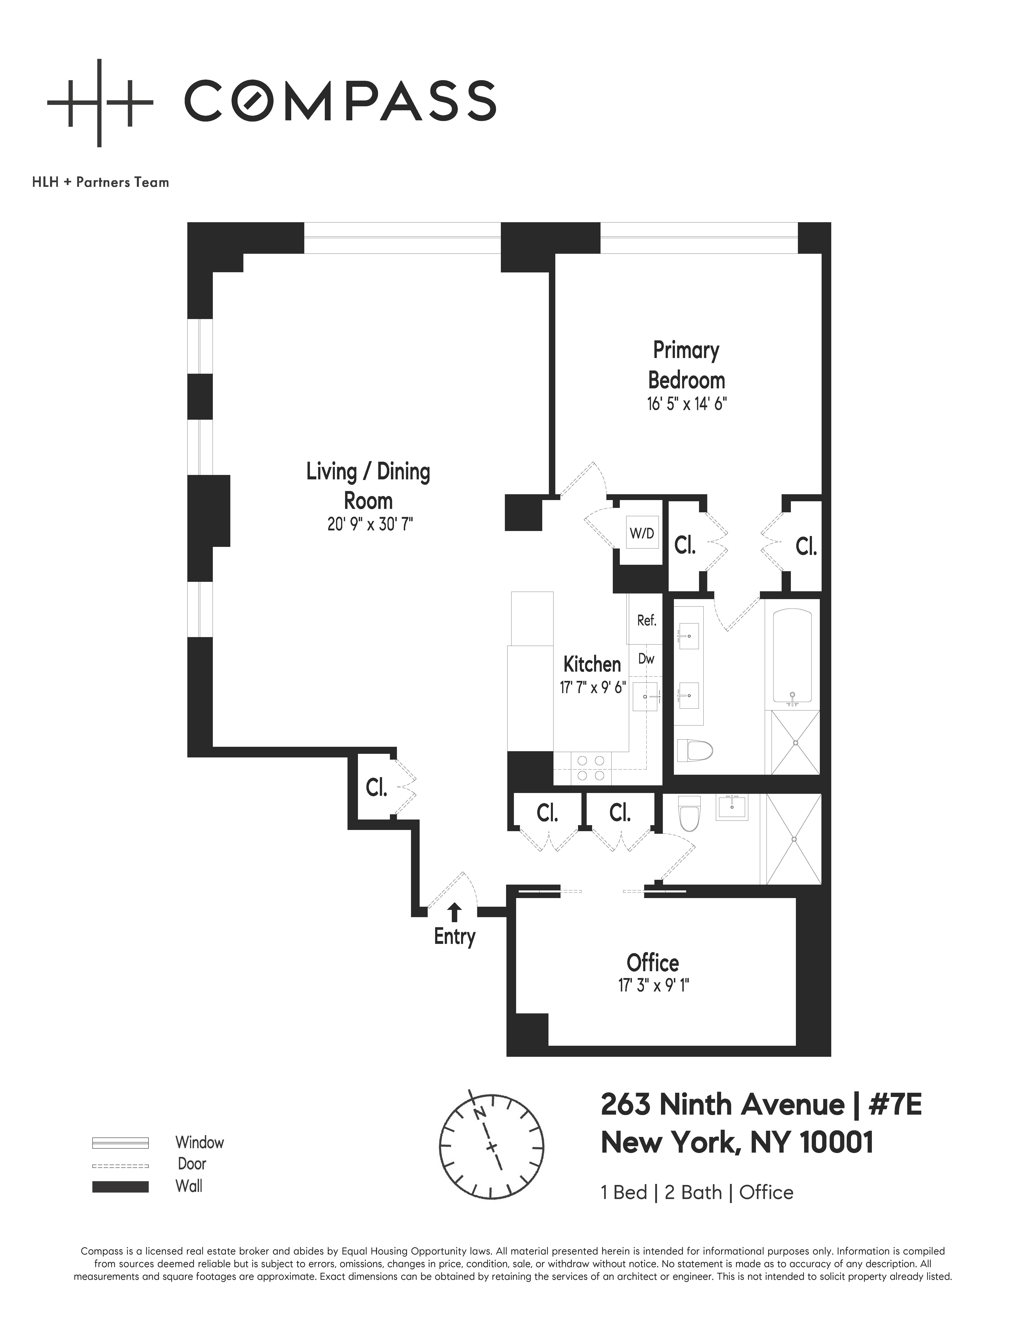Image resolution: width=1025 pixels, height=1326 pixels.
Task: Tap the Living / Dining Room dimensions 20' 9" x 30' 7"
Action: click(370, 524)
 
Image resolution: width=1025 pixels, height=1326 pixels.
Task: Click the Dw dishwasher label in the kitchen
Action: click(646, 659)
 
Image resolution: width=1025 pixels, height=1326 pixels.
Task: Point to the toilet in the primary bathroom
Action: click(692, 750)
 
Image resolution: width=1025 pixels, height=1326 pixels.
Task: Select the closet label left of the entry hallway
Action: click(376, 788)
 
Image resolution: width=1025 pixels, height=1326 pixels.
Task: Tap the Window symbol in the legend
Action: click(120, 1143)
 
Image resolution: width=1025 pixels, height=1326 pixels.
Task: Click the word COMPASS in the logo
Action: click(340, 101)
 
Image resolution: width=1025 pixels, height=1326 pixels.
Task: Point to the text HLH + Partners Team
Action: click(101, 182)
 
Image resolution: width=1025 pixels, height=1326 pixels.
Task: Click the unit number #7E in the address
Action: click(895, 1105)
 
